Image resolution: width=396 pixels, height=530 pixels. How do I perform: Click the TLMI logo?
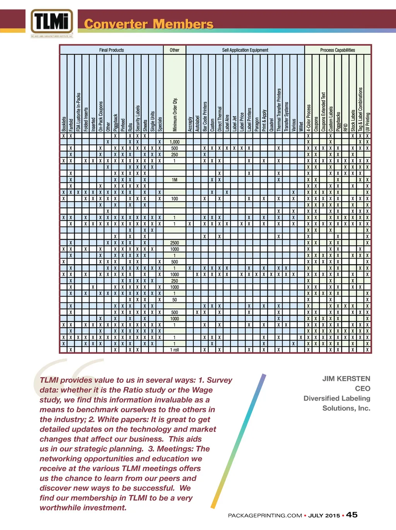click(x=51, y=22)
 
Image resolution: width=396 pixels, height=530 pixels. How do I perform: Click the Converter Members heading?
click(x=148, y=24)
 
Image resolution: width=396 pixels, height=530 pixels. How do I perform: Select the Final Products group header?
click(x=111, y=50)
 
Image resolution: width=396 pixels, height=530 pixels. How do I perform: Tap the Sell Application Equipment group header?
click(x=245, y=50)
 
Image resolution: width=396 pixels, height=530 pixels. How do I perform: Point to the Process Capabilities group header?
click(x=337, y=50)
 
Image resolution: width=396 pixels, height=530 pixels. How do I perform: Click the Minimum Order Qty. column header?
click(x=175, y=114)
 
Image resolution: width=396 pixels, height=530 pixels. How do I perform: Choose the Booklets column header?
click(x=64, y=124)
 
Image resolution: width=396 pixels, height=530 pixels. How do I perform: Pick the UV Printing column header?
click(x=367, y=122)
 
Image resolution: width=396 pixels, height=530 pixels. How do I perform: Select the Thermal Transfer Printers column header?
click(x=279, y=110)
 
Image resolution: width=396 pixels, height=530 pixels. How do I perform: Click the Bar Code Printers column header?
click(x=205, y=116)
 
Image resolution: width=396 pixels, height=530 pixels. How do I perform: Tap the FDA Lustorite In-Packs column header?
click(x=79, y=112)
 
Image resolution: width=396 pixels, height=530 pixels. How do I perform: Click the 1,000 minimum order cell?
click(x=175, y=142)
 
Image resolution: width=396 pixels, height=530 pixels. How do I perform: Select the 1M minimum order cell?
click(x=175, y=180)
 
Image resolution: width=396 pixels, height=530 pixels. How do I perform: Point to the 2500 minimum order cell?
click(x=175, y=243)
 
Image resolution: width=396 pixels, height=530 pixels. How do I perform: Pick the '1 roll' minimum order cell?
click(x=175, y=350)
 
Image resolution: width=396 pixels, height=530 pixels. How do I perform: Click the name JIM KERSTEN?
click(x=346, y=379)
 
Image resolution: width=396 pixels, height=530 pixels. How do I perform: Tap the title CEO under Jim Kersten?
click(x=363, y=388)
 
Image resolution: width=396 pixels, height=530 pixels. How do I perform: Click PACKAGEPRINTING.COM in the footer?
click(x=265, y=515)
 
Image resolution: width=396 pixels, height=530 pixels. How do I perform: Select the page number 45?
click(x=352, y=515)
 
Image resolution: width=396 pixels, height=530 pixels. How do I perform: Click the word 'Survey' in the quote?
click(x=219, y=380)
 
